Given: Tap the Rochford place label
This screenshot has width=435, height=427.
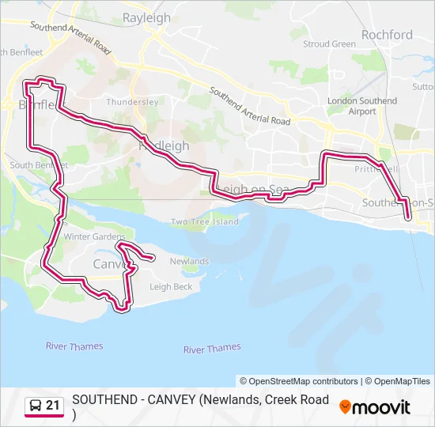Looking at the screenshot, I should click(387, 35).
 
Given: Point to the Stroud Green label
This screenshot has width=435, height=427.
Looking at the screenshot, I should click(330, 44).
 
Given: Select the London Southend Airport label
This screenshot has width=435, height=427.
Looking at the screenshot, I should click(362, 106).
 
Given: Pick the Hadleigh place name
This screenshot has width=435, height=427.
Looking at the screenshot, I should click(164, 146).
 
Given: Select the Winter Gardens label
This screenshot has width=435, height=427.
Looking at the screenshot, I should click(94, 236).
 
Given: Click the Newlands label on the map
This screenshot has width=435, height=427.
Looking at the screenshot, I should click(189, 261).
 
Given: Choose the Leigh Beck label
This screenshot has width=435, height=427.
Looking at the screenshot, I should click(171, 287).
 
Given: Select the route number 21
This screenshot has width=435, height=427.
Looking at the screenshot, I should click(53, 406).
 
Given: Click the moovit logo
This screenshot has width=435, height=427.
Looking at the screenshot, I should click(375, 407).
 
